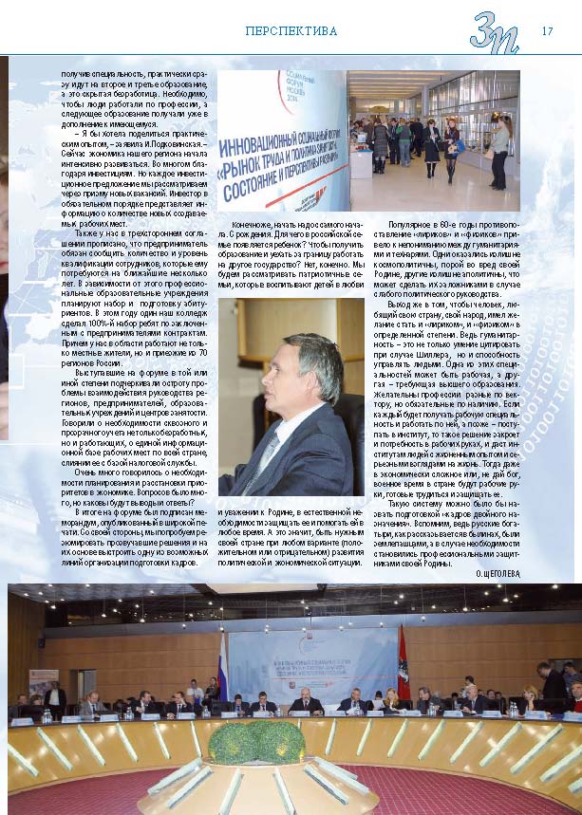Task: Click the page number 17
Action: click(x=547, y=30)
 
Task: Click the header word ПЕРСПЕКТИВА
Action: click(x=291, y=31)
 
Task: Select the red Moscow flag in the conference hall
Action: click(x=404, y=654)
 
